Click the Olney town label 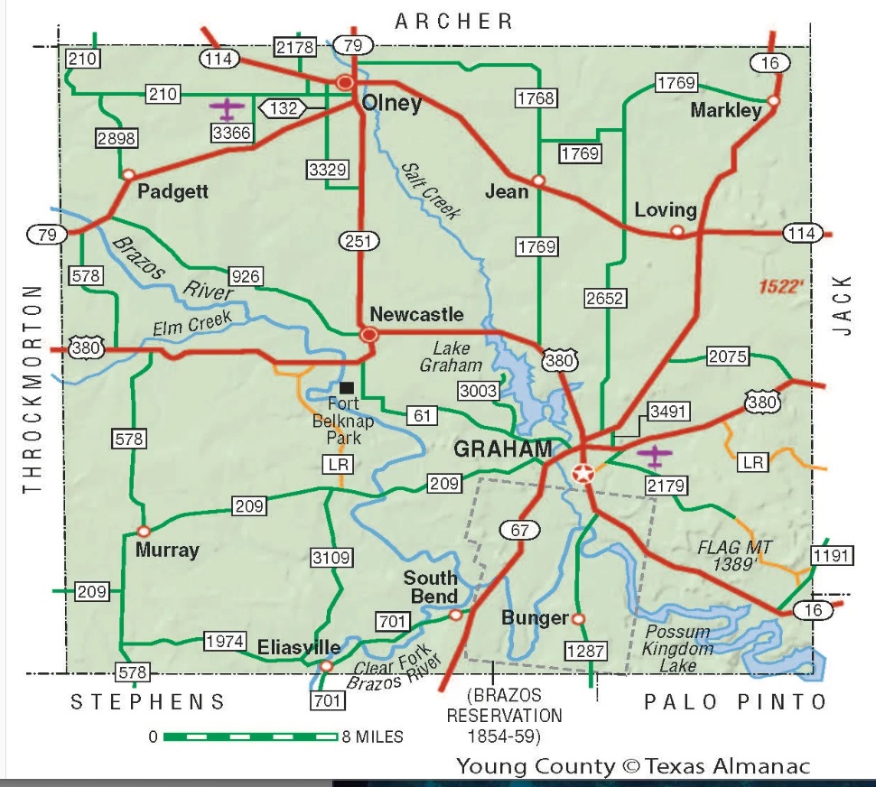point(391,104)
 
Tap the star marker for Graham point(584,473)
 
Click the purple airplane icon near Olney point(228,110)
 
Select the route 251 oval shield point(359,240)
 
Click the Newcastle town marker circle point(368,335)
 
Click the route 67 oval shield point(518,530)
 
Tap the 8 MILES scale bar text point(373,736)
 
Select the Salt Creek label point(431,190)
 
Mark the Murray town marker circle point(143,532)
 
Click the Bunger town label point(536,618)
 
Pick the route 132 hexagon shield point(284,109)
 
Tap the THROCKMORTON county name point(33,389)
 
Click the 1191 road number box point(832,555)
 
